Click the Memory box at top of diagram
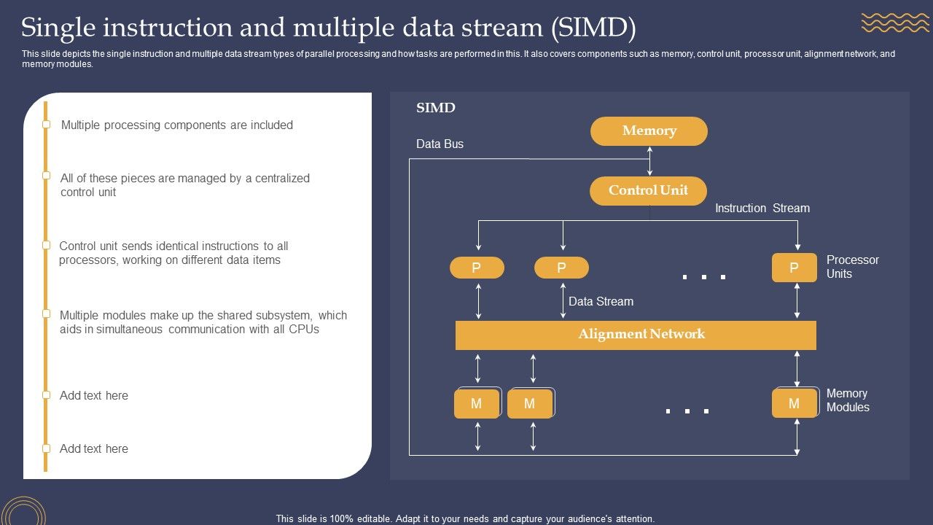pyautogui.click(x=649, y=131)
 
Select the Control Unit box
pyautogui.click(x=649, y=190)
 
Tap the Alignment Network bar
pyautogui.click(x=636, y=335)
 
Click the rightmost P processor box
pyautogui.click(x=794, y=268)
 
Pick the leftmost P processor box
pyautogui.click(x=477, y=268)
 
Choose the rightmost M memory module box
pyautogui.click(x=794, y=403)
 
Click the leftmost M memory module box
pyautogui.click(x=477, y=403)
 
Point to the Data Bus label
pyautogui.click(x=440, y=144)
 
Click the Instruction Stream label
pyautogui.click(x=762, y=209)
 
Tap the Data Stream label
pyautogui.click(x=601, y=302)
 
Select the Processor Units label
pyautogui.click(x=852, y=267)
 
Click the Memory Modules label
pyautogui.click(x=848, y=400)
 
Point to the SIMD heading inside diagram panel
pyautogui.click(x=435, y=108)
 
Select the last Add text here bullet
pyautogui.click(x=94, y=449)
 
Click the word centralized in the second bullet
pyautogui.click(x=282, y=179)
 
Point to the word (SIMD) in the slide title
pyautogui.click(x=593, y=28)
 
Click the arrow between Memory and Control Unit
pyautogui.click(x=649, y=160)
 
